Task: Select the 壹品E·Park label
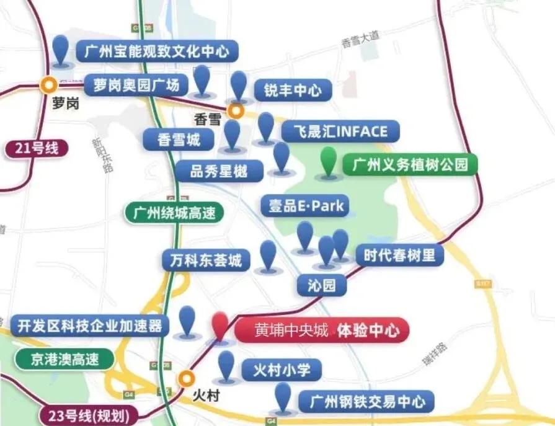coord(305,206)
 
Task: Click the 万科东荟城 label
coord(205,260)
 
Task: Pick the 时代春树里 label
coord(399,255)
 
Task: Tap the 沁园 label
coord(321,285)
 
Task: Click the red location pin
coord(220,326)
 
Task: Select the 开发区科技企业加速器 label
coord(89,325)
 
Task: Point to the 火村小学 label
coord(281,370)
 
